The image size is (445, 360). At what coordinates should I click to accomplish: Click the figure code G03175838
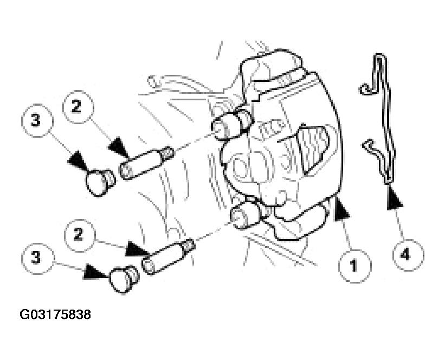coord(55,314)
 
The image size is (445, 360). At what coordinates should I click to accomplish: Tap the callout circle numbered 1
coord(354,266)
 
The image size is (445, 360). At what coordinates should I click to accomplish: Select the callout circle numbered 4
coord(408,255)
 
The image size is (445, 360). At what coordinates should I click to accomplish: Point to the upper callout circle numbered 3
coord(37,120)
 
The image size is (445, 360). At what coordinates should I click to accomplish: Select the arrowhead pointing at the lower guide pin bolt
coord(138,249)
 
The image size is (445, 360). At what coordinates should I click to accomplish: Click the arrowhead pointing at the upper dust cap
coord(78,161)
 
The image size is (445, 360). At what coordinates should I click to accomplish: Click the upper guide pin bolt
coord(147,163)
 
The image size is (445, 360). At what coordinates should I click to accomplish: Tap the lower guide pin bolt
coord(168,256)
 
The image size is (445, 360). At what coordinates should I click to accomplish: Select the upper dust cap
coord(100,182)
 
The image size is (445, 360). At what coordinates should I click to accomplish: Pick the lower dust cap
coord(124,279)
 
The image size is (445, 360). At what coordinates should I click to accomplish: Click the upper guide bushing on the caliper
coord(232,125)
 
